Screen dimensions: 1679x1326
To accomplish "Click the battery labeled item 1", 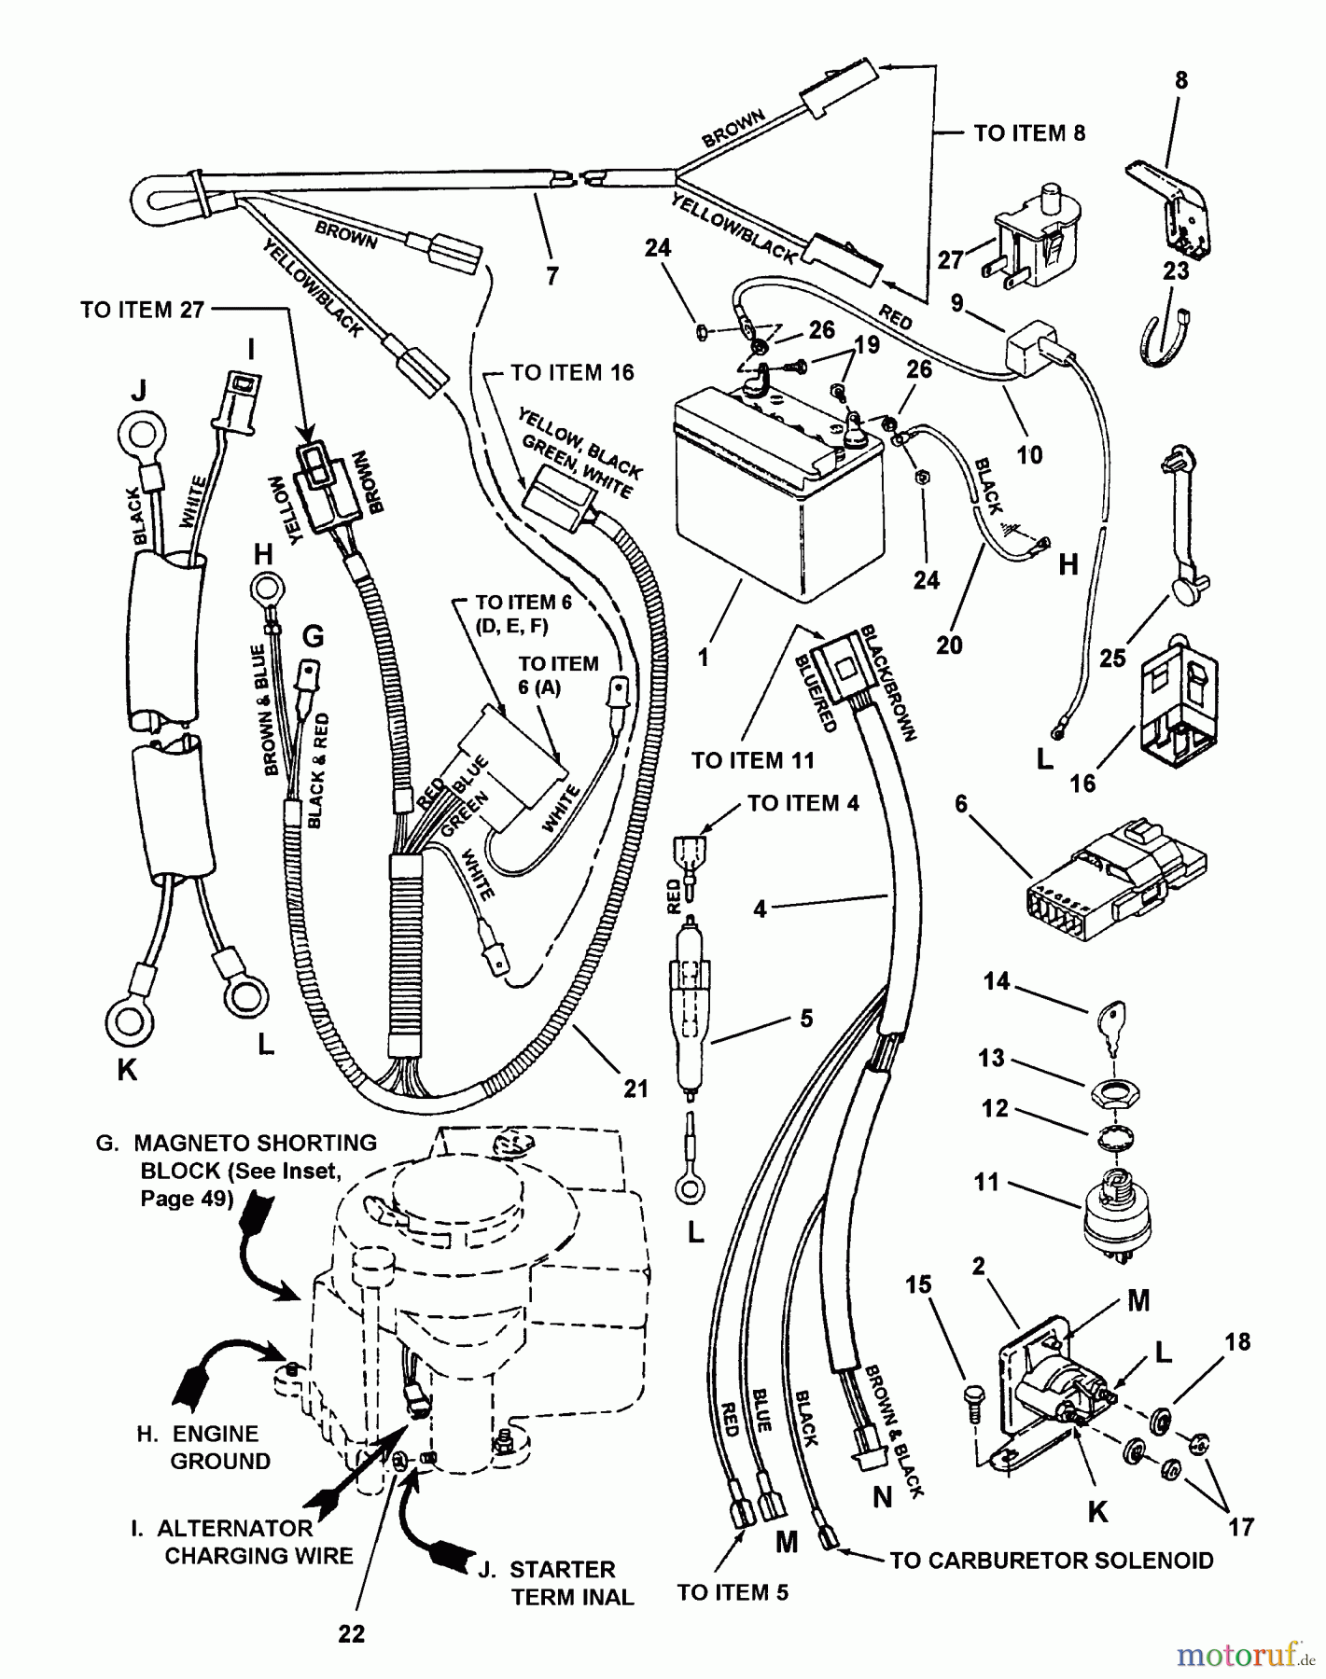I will [779, 485].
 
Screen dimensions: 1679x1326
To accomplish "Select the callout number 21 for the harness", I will [635, 1089].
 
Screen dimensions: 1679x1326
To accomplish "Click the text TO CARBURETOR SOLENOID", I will [1052, 1561].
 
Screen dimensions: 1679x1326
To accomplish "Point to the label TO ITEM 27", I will [142, 310].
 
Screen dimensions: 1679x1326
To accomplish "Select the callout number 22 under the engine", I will [352, 1633].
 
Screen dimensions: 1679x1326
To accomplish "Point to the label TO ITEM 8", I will [1029, 133].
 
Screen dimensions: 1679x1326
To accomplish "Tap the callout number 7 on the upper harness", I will [552, 276].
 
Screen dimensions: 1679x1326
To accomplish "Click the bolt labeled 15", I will [970, 1399].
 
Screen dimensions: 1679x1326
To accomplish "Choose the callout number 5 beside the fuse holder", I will [806, 1018].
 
